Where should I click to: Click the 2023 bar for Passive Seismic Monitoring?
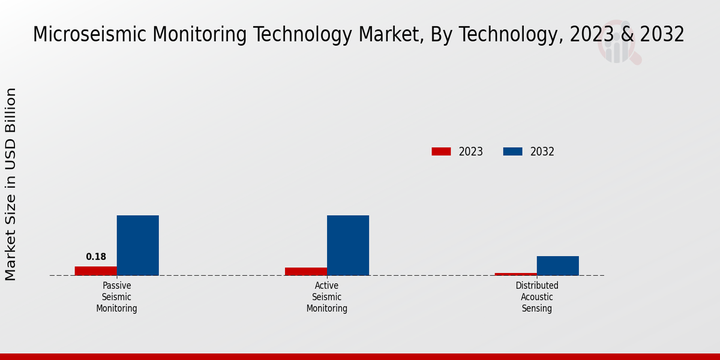pos(96,271)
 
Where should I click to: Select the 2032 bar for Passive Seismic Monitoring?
pos(138,245)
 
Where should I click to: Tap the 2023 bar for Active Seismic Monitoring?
pos(306,272)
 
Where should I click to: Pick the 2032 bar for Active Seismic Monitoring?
pos(348,245)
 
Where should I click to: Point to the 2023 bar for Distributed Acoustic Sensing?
pos(516,274)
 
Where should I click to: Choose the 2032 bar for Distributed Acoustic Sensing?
pos(558,266)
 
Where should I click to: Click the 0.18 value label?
pos(96,257)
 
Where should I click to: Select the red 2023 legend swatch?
pos(441,152)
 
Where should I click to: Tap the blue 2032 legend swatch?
pos(512,152)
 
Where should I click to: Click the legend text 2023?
pos(471,152)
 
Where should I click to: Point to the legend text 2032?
pos(542,152)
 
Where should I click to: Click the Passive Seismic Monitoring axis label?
pos(117,297)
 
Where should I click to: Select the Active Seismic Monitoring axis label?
pos(327,297)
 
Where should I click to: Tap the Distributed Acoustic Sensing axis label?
pos(537,297)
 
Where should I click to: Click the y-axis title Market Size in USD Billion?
pos(11,184)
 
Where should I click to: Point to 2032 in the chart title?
pos(662,34)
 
